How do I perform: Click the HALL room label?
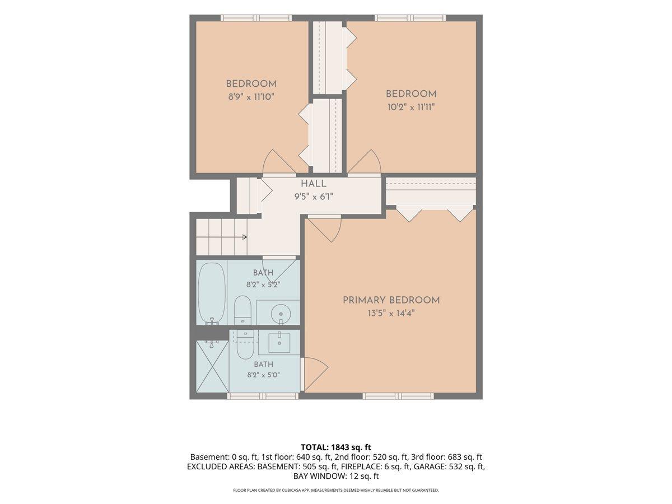(x=314, y=184)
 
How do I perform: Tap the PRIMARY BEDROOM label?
(x=391, y=300)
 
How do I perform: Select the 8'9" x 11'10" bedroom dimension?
(x=251, y=97)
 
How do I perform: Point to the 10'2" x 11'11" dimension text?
(x=411, y=107)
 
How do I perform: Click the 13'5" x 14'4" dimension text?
(x=391, y=314)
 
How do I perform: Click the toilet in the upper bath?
(x=242, y=310)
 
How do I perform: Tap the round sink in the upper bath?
(x=281, y=314)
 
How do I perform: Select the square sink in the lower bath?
(x=279, y=343)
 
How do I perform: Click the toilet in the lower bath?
(x=245, y=345)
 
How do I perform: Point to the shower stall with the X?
(x=212, y=366)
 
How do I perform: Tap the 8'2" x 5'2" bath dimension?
(x=263, y=284)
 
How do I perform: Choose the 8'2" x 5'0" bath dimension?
(x=264, y=375)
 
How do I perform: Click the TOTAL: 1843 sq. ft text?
(x=336, y=447)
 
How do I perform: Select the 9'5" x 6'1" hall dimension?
(x=314, y=197)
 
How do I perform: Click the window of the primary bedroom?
(x=398, y=396)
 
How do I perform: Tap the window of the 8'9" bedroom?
(x=256, y=18)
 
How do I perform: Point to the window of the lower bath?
(x=263, y=396)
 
